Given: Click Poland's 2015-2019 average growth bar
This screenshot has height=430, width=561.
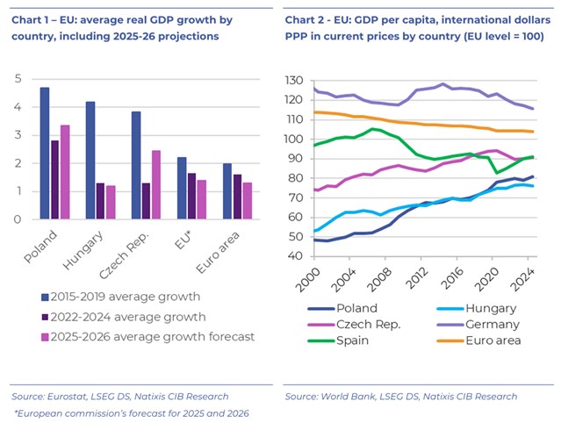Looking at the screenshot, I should (x=45, y=154).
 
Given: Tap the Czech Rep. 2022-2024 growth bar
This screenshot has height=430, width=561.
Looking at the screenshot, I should (x=146, y=201).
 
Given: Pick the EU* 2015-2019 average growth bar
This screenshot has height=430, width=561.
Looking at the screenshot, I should (x=182, y=188).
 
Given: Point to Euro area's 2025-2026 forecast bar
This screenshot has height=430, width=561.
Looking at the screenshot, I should (x=247, y=201).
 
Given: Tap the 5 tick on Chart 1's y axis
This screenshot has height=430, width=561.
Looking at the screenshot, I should (x=18, y=79).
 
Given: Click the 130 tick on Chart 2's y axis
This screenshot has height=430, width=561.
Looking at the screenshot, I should (x=294, y=80).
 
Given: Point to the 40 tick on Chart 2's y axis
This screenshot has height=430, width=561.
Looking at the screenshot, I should (x=297, y=258).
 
